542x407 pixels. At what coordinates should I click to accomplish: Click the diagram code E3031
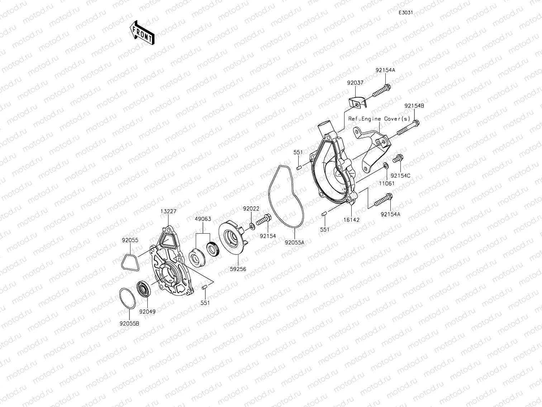pos(406,13)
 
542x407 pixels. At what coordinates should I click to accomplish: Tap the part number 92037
pos(355,83)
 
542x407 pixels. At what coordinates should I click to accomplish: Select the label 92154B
pos(414,106)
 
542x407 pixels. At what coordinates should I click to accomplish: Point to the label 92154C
pos(400,176)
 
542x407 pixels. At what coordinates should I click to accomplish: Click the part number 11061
pos(387,183)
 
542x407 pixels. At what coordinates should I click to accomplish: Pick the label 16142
pos(352,220)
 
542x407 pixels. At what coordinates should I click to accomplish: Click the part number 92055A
pos(294,243)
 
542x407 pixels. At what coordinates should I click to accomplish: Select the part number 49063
pos(203,219)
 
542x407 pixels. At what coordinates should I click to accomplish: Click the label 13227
pos(168,211)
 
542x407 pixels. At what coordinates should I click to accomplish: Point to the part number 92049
pos(147,312)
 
